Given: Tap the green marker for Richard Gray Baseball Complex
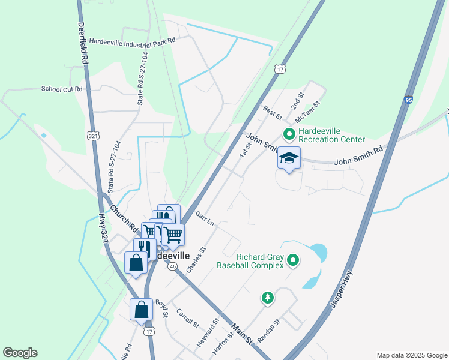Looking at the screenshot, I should (x=292, y=260).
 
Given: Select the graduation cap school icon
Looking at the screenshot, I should (x=289, y=158).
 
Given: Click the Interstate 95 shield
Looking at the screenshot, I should (x=408, y=101).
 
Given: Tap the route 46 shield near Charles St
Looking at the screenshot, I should (x=172, y=265).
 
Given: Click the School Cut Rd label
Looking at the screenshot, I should (x=61, y=89).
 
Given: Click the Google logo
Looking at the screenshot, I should (x=20, y=353).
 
